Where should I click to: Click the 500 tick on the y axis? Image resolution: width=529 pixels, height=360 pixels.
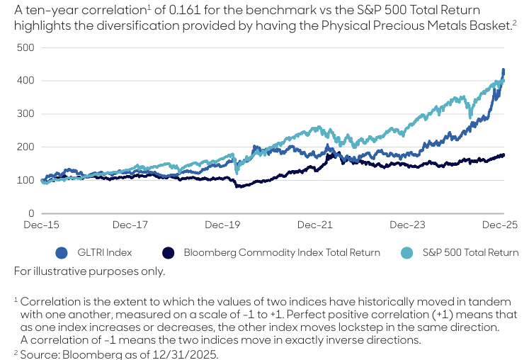(x=26, y=47)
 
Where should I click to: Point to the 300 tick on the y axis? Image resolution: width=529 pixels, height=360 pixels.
(x=26, y=114)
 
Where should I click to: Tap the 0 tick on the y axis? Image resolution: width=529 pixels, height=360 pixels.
(x=31, y=213)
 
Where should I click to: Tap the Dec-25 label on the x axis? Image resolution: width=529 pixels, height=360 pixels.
(x=501, y=225)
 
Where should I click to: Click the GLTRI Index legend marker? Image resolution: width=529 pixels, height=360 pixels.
(x=62, y=252)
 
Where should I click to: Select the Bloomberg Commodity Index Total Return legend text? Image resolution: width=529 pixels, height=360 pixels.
(x=282, y=252)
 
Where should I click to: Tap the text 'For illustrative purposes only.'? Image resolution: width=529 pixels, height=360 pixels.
(x=89, y=271)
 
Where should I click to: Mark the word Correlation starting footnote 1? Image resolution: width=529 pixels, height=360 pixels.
(x=47, y=301)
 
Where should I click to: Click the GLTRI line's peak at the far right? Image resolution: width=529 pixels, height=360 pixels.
(x=503, y=70)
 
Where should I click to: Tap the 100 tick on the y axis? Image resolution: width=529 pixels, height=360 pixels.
(x=26, y=180)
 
